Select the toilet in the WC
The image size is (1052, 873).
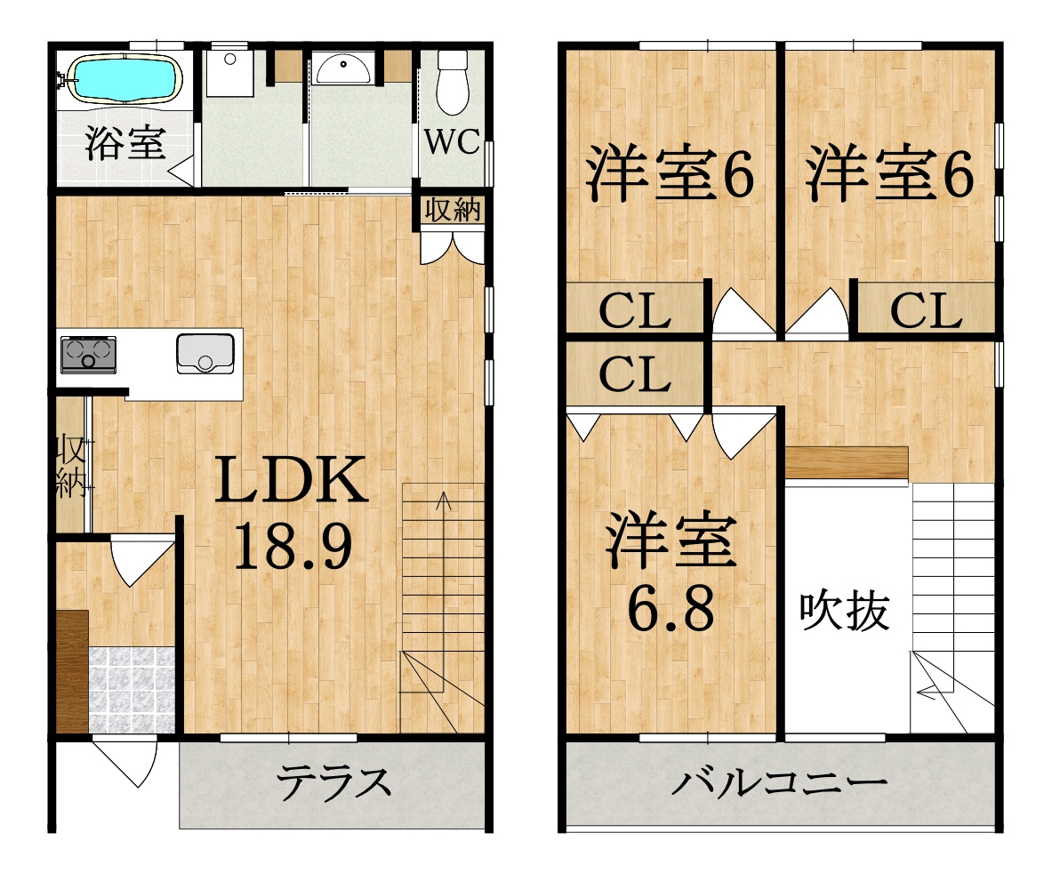(x=453, y=82)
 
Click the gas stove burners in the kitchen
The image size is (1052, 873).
(x=88, y=355)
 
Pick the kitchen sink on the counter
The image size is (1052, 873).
(x=205, y=353)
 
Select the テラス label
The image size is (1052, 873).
(x=333, y=782)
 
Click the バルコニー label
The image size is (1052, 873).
(x=780, y=783)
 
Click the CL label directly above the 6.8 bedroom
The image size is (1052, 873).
(x=633, y=374)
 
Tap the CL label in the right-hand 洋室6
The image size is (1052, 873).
(x=926, y=310)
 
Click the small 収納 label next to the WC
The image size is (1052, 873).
(x=451, y=210)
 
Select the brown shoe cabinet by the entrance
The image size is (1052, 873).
(x=72, y=671)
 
